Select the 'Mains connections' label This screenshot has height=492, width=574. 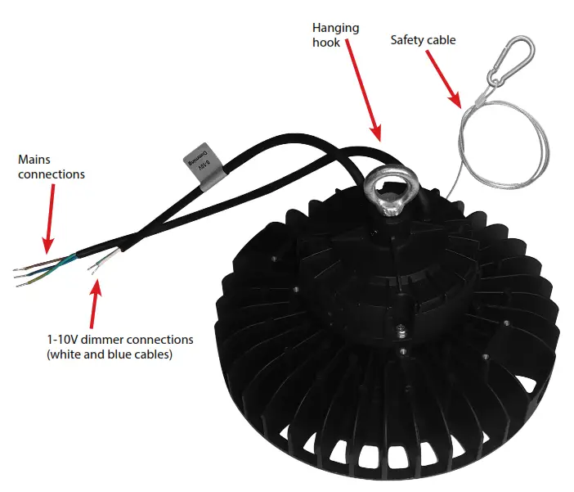pos(50,167)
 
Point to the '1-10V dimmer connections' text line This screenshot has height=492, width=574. pos(119,338)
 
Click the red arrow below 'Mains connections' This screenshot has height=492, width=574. pos(50,217)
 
